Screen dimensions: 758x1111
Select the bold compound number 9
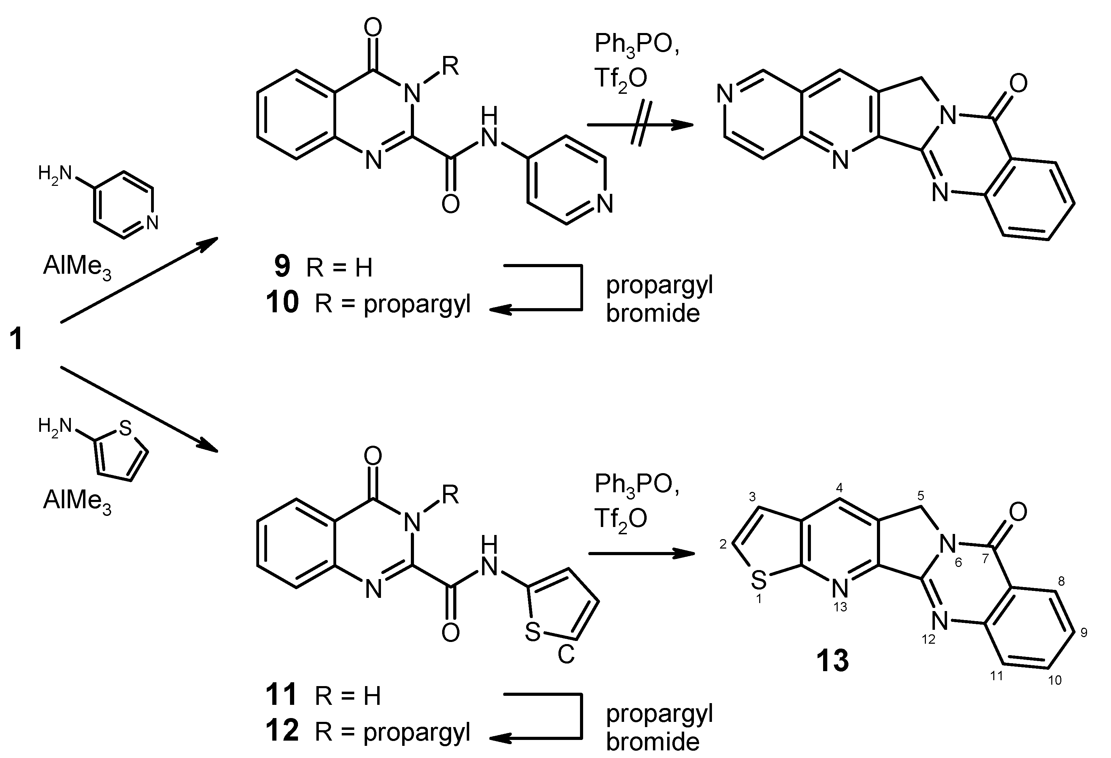pos(282,266)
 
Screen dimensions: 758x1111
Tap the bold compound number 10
pos(283,303)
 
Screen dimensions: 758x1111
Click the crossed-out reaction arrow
pos(640,125)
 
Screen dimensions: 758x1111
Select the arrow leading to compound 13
pos(641,554)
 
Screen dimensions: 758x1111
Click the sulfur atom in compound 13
pos(758,580)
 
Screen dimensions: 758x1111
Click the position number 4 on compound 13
pos(839,488)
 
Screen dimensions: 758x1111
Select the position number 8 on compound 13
pos(1061,582)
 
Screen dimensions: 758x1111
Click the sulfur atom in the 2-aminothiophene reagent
pos(125,428)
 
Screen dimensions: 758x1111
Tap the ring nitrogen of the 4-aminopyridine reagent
pos(152,222)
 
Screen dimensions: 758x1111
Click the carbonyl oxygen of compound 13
pos(1018,512)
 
